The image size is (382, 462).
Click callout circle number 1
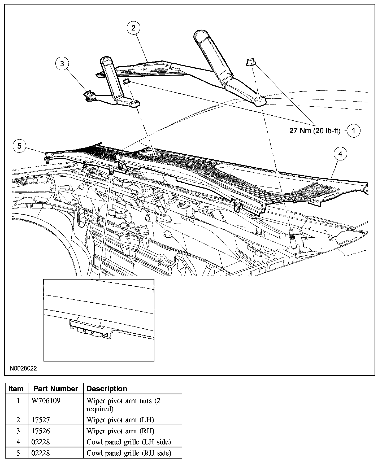tap(353, 130)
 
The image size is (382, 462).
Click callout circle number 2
tap(133, 28)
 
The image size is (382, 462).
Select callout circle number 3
tap(62, 64)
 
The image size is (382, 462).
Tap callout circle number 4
tap(340, 154)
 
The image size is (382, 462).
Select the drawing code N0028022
tap(23, 368)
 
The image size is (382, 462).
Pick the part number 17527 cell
tap(41, 420)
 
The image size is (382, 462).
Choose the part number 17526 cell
tap(41, 431)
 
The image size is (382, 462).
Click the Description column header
tap(107, 389)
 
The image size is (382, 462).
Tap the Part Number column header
tap(56, 389)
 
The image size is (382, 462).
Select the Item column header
tap(16, 389)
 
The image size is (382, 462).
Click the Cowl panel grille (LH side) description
tap(129, 442)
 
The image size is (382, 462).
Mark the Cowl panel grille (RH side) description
tap(129, 453)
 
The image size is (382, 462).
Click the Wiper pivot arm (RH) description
tap(120, 431)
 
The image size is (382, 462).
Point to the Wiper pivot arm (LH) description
tap(120, 420)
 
